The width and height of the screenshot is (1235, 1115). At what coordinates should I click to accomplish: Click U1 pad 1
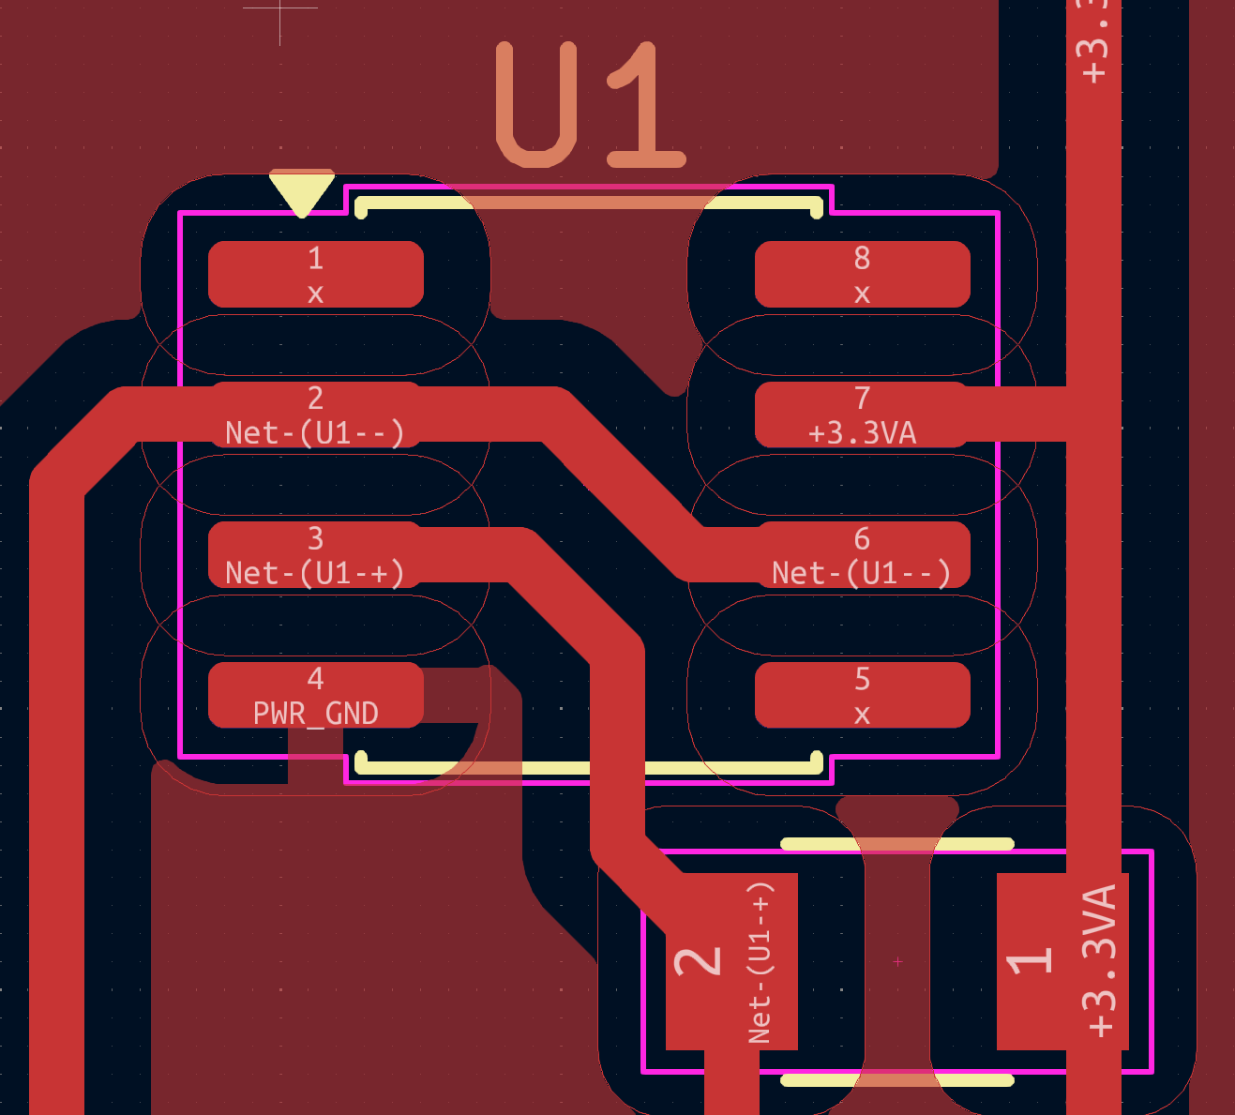click(315, 274)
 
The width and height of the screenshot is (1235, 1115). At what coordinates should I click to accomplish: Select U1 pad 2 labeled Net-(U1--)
click(315, 414)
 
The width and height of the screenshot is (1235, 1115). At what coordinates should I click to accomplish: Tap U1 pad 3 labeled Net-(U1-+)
click(315, 555)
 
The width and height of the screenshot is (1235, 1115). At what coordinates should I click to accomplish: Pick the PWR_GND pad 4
click(315, 695)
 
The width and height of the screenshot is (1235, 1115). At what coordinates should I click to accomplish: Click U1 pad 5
click(862, 695)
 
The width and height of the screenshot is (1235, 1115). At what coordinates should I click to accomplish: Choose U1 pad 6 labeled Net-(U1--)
click(862, 555)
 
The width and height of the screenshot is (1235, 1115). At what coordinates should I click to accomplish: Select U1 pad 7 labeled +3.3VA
click(862, 414)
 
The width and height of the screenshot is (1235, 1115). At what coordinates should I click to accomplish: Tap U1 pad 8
click(862, 274)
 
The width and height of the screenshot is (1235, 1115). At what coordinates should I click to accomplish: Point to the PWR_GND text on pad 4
click(315, 714)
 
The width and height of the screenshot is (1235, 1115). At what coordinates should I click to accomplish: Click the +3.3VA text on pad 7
click(862, 433)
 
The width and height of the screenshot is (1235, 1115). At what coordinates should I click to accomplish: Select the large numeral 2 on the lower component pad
click(699, 961)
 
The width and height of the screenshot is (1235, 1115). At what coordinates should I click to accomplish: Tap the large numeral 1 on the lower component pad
click(1029, 961)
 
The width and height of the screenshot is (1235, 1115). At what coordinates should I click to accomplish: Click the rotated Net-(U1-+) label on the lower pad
click(761, 961)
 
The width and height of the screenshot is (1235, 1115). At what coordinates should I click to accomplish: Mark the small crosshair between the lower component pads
click(897, 961)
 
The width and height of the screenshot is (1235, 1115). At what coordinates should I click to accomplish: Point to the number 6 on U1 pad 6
click(862, 539)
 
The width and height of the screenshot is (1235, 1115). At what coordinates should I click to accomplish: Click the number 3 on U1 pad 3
click(315, 539)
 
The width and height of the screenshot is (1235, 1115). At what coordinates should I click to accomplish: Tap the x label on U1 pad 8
click(862, 294)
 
